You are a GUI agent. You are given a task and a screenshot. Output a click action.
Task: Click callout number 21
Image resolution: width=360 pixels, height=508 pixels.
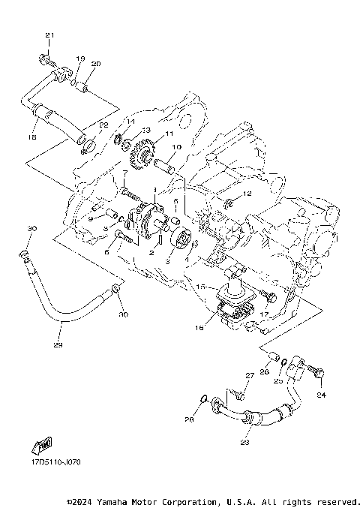(x=50, y=35)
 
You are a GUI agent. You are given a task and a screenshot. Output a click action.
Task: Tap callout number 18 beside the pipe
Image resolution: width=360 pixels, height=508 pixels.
(x=31, y=137)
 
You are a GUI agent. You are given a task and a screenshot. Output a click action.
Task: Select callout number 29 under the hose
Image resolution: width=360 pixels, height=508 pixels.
(x=58, y=345)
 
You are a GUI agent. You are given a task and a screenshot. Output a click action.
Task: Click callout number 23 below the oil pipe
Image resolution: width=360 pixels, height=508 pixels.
(x=244, y=442)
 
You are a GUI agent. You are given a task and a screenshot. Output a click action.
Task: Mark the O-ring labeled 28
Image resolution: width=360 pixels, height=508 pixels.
(x=204, y=398)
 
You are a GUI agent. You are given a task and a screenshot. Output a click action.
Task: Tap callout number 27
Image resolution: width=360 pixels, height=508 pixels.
(x=250, y=375)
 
